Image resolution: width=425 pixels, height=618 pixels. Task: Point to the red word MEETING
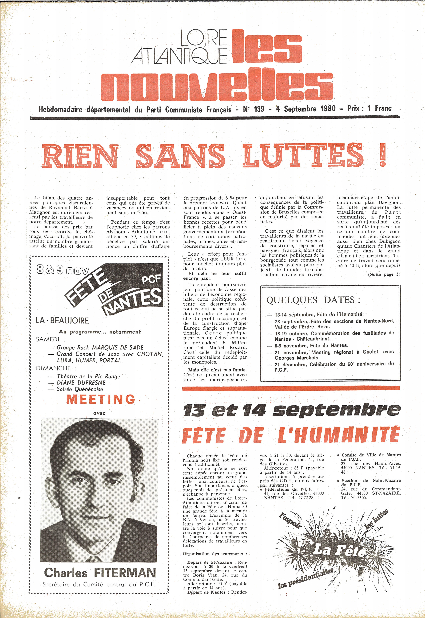101,399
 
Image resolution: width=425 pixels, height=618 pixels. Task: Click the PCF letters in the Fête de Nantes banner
151,279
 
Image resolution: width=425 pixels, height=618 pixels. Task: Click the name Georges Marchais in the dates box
293,358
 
